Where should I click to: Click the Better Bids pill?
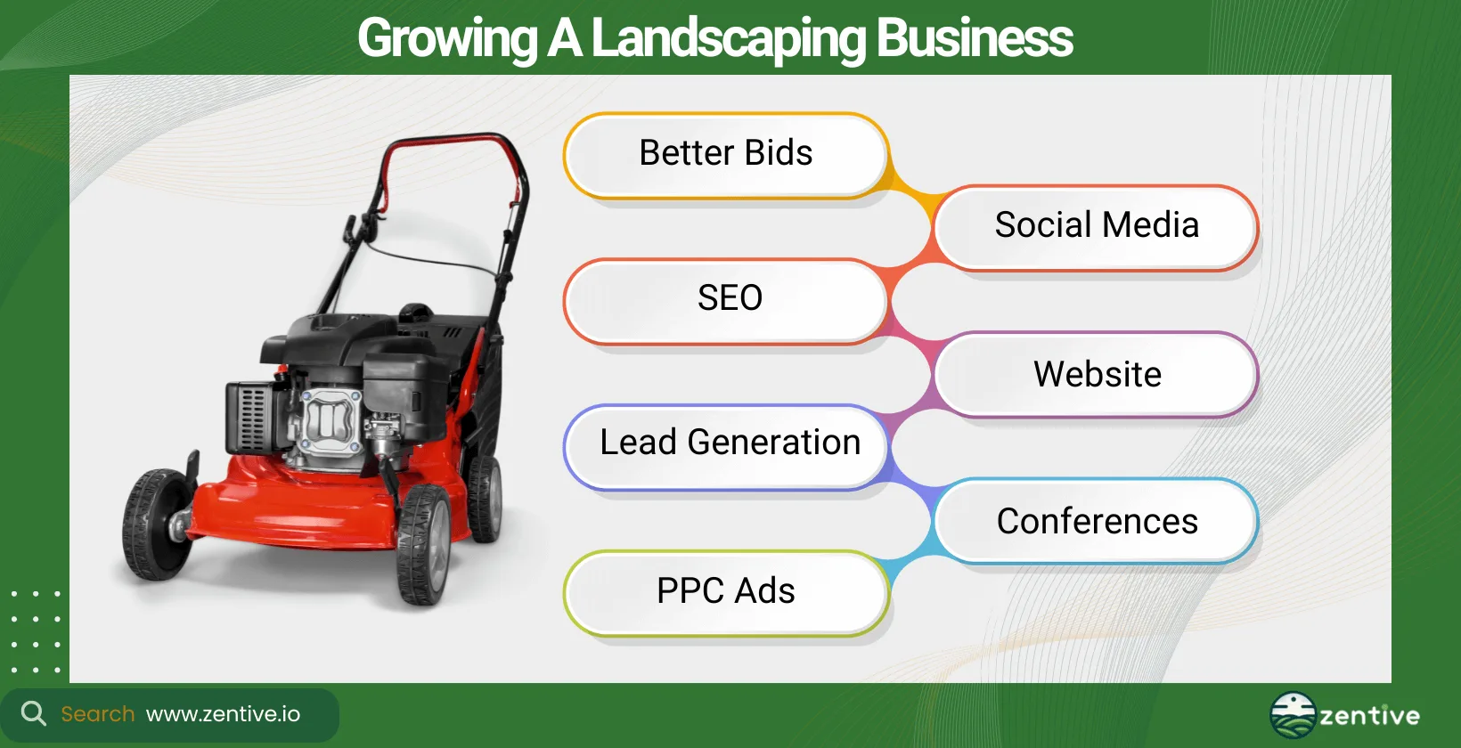(726, 154)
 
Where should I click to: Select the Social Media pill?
(1097, 226)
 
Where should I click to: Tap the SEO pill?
(726, 299)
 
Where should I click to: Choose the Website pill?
(1097, 375)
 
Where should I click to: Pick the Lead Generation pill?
(726, 443)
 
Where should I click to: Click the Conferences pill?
(1097, 522)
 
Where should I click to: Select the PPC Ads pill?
(726, 592)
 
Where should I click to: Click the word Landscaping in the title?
(728, 39)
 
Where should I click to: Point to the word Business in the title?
(975, 39)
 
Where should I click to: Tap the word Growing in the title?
(447, 39)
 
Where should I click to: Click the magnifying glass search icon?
(33, 713)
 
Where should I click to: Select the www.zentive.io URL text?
(223, 714)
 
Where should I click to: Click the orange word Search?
(97, 714)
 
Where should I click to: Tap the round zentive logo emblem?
(1293, 715)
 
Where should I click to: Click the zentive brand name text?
(1369, 716)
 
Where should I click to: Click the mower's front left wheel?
(158, 524)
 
